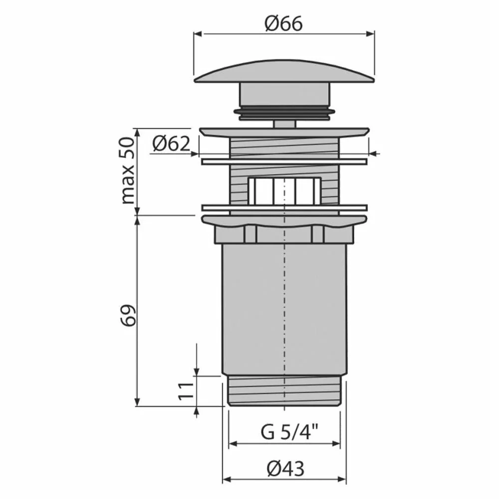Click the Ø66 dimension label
283,23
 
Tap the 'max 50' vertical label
129,171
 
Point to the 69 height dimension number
128,315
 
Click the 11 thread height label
186,391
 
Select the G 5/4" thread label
290,432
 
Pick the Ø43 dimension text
285,468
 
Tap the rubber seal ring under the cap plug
284,111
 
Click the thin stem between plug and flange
284,124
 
